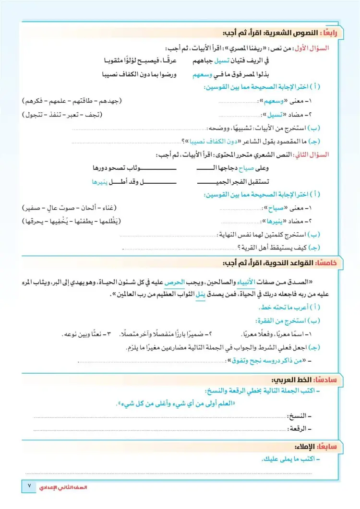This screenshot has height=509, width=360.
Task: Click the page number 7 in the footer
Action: (x=29, y=485)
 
